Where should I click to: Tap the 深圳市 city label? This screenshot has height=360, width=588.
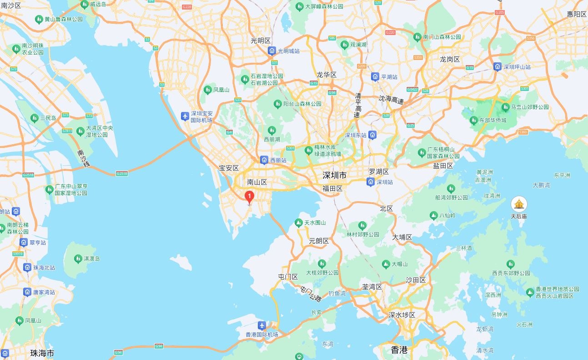coord(334,175)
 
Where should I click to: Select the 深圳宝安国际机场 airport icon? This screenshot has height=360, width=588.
coord(185,117)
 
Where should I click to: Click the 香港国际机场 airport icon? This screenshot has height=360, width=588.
coord(262,326)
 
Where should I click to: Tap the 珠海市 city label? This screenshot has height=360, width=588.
coord(42,353)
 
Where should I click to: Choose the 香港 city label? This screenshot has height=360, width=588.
coord(399,350)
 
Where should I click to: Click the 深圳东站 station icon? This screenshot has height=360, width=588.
coord(372,135)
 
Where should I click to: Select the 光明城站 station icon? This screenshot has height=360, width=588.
coord(271,51)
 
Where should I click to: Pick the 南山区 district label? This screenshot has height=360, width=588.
coord(256,182)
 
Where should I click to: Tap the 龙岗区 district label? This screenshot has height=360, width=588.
coord(450,59)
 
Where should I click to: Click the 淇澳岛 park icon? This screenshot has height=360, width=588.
coord(78,259)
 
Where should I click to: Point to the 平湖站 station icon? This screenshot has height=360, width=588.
coord(375,76)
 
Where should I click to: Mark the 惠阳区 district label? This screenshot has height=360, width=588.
coord(577,14)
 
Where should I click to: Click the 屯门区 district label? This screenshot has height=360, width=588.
coord(287,277)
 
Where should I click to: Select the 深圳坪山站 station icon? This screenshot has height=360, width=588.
coord(498,66)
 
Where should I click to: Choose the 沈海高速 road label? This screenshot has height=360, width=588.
coord(391,100)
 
